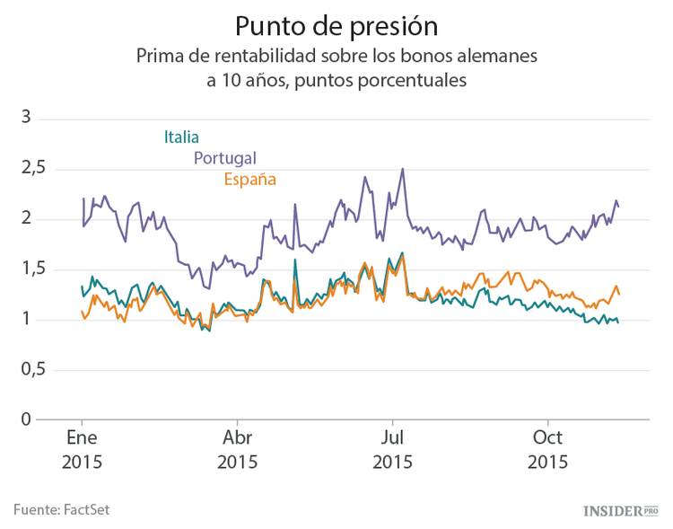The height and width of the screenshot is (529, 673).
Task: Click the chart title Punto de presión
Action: (x=336, y=24)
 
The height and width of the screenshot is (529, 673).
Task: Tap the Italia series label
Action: (x=181, y=137)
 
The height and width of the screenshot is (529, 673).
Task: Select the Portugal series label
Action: (x=225, y=158)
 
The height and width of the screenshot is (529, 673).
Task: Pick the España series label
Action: (x=249, y=180)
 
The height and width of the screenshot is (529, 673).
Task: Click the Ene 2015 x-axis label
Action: (x=82, y=451)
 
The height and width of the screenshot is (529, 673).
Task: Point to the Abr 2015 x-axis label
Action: (x=237, y=451)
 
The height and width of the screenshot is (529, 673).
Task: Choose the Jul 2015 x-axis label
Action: (x=392, y=451)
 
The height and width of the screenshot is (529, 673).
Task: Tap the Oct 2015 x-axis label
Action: (x=547, y=451)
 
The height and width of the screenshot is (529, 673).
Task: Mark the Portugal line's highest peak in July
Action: (x=403, y=168)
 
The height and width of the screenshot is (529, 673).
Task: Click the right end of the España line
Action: (x=619, y=295)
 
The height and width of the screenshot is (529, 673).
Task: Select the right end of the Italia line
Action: (x=618, y=322)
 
